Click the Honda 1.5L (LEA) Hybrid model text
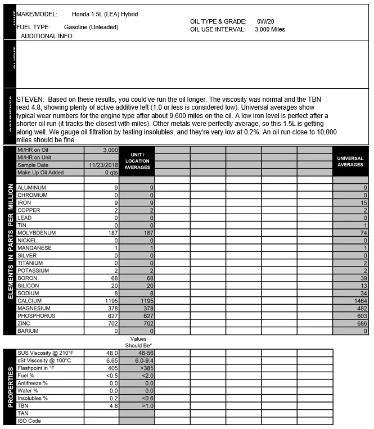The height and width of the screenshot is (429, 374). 105,14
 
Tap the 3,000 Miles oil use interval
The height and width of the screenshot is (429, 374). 269,29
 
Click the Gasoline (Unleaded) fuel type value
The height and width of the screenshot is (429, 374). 91,27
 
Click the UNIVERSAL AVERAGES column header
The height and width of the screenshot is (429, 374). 350,161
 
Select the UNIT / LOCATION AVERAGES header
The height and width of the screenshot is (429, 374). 137,161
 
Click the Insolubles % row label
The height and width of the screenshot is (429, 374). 33,398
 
